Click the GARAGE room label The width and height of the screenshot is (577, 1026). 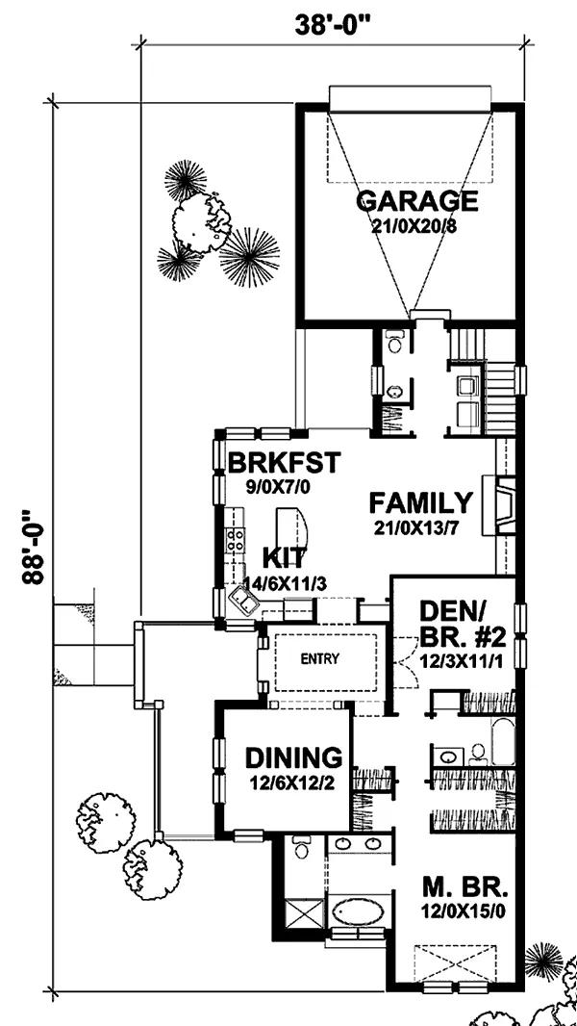417,201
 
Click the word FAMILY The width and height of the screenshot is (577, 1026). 420,503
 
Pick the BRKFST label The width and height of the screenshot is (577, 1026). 285,463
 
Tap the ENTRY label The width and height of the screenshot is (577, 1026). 319,659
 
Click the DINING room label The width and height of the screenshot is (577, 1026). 293,757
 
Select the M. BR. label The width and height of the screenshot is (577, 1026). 464,888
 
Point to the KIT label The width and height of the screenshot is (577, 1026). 283,558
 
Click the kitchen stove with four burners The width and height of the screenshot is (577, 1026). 236,539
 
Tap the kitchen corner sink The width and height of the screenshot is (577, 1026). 241,601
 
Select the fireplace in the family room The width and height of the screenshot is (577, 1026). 498,503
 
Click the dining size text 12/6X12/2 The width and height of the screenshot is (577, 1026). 292,782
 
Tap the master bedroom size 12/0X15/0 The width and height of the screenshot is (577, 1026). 464,911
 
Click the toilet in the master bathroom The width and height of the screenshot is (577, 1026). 302,848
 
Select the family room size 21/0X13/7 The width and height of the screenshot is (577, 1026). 420,527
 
